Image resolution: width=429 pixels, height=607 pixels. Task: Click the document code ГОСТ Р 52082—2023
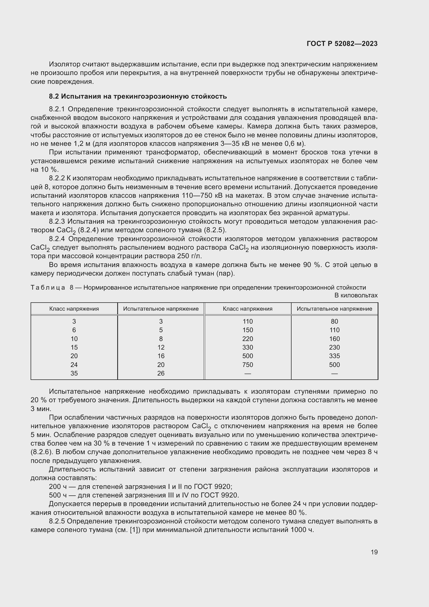(x=342, y=44)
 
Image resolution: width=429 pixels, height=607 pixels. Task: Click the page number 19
(x=374, y=552)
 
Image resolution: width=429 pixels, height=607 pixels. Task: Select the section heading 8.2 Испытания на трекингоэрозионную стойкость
(x=138, y=97)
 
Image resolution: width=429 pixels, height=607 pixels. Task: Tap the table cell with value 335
(x=334, y=356)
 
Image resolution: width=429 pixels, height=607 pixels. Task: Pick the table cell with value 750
(x=247, y=365)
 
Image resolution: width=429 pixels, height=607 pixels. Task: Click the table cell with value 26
(x=161, y=373)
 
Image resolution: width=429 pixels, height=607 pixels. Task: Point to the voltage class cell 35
(x=74, y=373)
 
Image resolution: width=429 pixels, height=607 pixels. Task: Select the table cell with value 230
(x=334, y=347)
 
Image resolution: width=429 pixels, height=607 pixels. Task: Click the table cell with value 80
(x=334, y=322)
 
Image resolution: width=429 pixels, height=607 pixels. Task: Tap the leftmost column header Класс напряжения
(x=74, y=309)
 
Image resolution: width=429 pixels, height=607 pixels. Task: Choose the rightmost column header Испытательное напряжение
(x=334, y=309)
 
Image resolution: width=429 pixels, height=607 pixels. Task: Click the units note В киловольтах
(x=356, y=295)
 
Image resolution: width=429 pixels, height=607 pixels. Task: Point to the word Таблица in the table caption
(x=47, y=287)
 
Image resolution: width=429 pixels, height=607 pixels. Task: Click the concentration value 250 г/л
(x=188, y=256)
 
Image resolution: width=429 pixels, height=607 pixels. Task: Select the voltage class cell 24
(x=74, y=365)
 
